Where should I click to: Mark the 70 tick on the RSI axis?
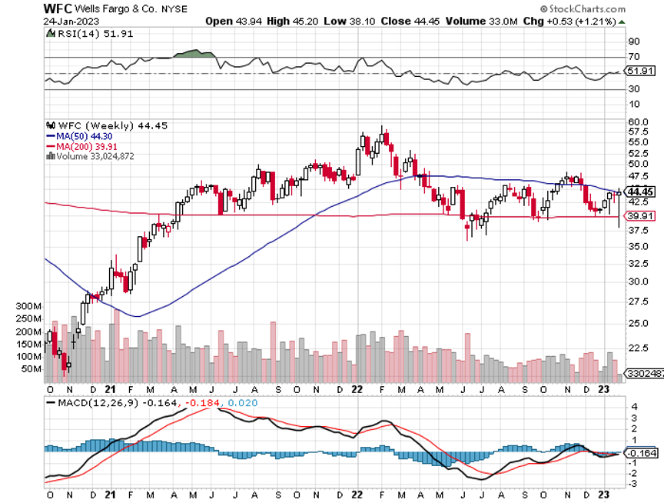(635, 57)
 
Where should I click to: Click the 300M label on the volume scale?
(28, 306)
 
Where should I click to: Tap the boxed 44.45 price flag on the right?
(642, 192)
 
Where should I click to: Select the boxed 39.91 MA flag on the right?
(642, 216)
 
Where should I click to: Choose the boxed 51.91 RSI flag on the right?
(642, 71)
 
